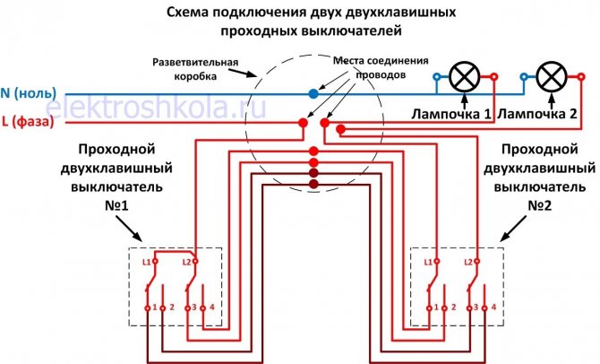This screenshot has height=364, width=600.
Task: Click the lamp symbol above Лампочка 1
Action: (465, 79)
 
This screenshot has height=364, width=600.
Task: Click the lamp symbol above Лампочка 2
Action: (549, 79)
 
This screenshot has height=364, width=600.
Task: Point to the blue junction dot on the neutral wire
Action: (312, 92)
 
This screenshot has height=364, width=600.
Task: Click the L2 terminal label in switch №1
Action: (187, 262)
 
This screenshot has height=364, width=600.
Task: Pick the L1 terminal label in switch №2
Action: (428, 262)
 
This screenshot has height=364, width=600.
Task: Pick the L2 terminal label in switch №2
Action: (467, 262)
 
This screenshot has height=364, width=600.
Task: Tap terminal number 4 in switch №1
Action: (212, 308)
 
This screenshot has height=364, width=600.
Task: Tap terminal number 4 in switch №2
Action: (493, 308)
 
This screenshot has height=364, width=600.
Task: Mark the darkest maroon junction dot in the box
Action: (313, 184)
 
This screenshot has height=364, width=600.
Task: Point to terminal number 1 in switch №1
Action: (155, 308)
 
